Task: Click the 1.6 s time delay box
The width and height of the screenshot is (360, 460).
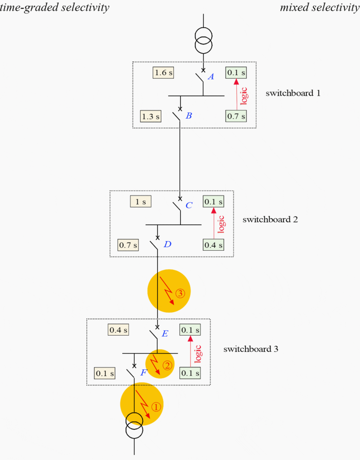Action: tap(163, 72)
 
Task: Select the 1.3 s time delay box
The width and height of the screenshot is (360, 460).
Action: tap(151, 116)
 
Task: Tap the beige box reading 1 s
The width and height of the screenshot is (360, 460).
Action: tap(141, 202)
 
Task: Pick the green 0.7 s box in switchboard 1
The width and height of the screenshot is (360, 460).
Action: tap(236, 116)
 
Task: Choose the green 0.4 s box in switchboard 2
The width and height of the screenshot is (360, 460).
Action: tap(213, 245)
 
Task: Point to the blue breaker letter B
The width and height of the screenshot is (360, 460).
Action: tap(189, 116)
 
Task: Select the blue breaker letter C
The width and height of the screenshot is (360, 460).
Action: tap(189, 205)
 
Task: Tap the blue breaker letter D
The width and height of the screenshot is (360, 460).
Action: tap(167, 244)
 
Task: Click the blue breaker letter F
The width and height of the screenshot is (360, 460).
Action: tap(143, 372)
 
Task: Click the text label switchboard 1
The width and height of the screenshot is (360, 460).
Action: tap(293, 93)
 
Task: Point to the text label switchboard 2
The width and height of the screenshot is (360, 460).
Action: tap(270, 220)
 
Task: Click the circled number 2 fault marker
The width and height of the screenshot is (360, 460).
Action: tap(167, 365)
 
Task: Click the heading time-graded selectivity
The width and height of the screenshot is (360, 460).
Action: tap(54, 8)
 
